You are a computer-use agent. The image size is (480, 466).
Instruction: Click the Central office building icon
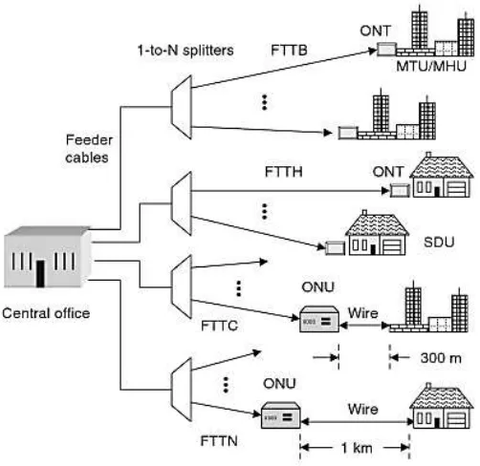[48, 257]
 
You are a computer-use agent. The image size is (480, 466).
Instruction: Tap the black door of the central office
[40, 273]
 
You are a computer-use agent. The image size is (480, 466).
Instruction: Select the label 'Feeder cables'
[89, 149]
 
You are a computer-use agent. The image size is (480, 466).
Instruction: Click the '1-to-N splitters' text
[185, 51]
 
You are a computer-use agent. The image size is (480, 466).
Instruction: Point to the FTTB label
[289, 50]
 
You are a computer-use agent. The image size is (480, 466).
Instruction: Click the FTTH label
[284, 172]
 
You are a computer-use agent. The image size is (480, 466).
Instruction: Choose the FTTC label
[220, 326]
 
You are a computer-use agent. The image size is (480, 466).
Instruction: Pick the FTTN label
[219, 441]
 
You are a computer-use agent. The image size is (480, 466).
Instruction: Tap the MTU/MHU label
[431, 66]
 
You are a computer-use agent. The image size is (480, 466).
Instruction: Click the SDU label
[439, 243]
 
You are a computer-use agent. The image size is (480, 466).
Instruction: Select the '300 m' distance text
[441, 358]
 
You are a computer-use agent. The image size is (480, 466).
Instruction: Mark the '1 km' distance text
[357, 448]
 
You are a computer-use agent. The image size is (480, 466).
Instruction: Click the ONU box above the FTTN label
[280, 415]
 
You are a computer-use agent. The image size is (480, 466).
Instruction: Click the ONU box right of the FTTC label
[319, 319]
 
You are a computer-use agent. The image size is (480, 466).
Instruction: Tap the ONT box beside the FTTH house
[400, 190]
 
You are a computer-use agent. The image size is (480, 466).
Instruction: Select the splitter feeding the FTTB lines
[182, 107]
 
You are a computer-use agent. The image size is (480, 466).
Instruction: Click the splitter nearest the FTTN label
[182, 390]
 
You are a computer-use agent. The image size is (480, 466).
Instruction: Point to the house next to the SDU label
[377, 233]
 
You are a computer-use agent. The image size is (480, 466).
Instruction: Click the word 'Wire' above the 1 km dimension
[363, 409]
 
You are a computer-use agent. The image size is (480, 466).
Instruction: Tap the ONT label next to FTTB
[375, 31]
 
